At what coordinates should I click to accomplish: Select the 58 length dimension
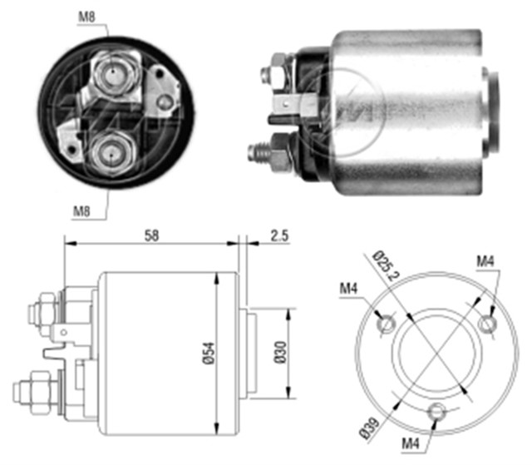pos(151,237)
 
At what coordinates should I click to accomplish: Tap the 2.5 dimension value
pos(280,237)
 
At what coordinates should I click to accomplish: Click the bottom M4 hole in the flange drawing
pos(438,411)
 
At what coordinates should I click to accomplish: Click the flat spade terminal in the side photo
pos(292,105)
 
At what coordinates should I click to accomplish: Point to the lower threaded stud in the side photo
pos(260,151)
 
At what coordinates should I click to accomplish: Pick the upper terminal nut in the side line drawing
pos(44,312)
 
